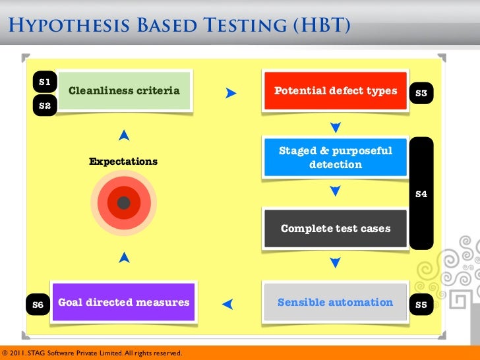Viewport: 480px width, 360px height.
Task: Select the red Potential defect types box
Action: point(335,90)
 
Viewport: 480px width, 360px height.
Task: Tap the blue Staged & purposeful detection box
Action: point(335,158)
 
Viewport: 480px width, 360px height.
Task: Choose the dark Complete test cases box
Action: point(335,229)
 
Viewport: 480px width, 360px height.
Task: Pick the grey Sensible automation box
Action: point(335,303)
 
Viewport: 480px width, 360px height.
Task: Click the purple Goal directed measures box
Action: point(124,303)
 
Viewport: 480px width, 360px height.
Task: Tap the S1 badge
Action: point(45,82)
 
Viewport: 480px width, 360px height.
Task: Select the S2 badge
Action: point(45,105)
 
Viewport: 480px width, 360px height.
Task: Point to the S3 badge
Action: point(421,94)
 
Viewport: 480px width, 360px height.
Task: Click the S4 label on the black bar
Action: point(421,194)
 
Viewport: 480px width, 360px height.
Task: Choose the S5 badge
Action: point(421,305)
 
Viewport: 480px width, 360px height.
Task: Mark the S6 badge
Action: point(38,305)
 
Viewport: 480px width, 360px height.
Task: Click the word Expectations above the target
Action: point(123,162)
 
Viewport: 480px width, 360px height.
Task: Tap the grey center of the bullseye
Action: point(123,203)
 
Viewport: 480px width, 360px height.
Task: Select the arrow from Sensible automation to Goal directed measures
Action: point(228,304)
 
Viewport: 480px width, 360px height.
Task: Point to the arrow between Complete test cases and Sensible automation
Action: point(335,263)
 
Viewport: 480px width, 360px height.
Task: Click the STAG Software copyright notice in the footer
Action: point(92,353)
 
